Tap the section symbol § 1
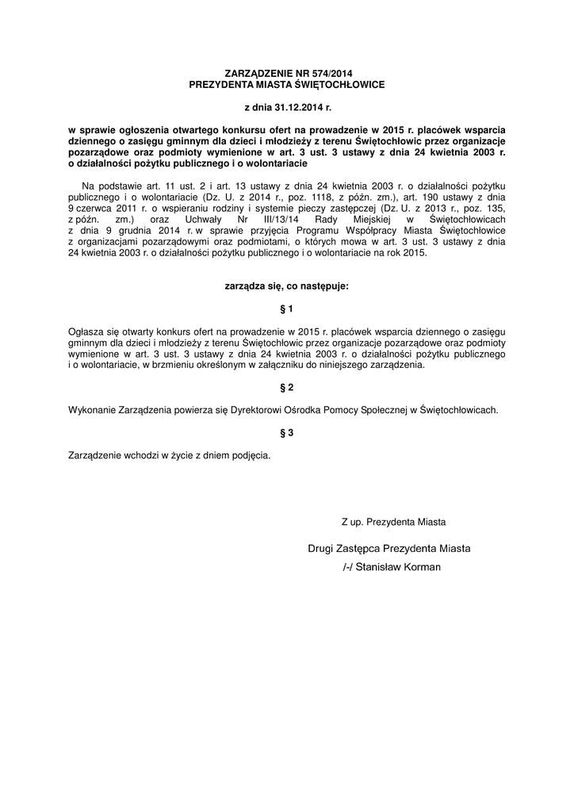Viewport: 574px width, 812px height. tap(287, 307)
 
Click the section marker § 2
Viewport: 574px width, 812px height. tap(287, 387)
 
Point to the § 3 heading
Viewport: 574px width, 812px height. tap(287, 433)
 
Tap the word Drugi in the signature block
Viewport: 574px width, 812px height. tap(320, 548)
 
